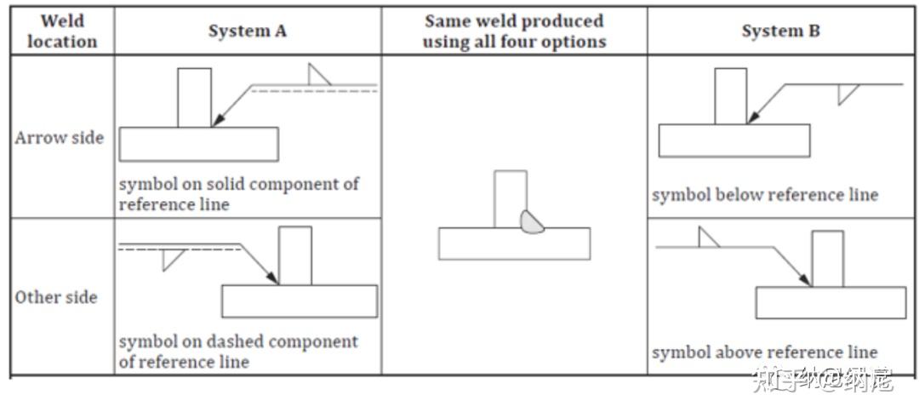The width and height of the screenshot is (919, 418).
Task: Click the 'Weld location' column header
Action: (x=62, y=31)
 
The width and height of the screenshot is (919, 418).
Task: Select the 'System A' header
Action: (x=248, y=31)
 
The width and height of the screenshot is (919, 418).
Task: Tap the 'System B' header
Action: (x=780, y=31)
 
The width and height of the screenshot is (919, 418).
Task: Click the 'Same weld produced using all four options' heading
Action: (x=514, y=31)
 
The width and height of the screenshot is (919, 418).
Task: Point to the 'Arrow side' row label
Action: (x=60, y=138)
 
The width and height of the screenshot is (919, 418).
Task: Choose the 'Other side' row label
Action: (x=56, y=296)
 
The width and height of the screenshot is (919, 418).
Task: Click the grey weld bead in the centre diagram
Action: (x=532, y=222)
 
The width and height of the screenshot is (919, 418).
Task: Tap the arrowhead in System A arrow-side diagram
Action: (x=218, y=119)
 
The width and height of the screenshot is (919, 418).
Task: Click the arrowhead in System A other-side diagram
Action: (x=271, y=278)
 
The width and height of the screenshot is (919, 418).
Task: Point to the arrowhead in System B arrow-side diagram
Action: (x=754, y=117)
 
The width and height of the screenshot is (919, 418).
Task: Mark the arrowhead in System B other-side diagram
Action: (x=805, y=279)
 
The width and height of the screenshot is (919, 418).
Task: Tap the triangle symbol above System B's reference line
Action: (x=707, y=238)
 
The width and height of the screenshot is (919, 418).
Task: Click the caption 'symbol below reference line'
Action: (x=765, y=195)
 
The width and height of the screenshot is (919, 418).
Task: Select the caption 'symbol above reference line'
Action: (x=765, y=352)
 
